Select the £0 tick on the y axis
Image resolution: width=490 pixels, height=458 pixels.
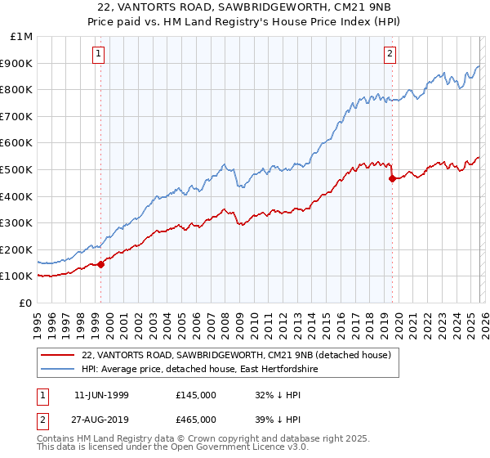tap(25, 303)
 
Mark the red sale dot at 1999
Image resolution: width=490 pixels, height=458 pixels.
tap(101, 264)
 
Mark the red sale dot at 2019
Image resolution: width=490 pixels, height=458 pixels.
tap(392, 178)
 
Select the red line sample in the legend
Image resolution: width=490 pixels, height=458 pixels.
tap(58, 355)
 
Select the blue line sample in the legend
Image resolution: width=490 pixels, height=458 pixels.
tap(58, 370)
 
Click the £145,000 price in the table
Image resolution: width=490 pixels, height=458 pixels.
tap(196, 395)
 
